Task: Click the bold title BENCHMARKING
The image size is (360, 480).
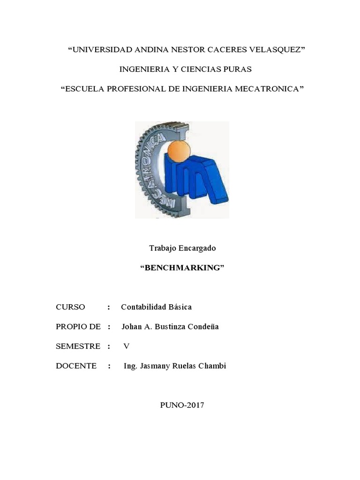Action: (x=182, y=268)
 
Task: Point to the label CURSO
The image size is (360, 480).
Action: (x=70, y=307)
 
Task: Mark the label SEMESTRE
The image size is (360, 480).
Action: (x=78, y=346)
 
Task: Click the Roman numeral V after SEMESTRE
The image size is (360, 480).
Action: (x=126, y=346)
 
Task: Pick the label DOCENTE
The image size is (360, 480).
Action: (x=76, y=366)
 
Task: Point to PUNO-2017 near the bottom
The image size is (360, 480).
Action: (x=182, y=405)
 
